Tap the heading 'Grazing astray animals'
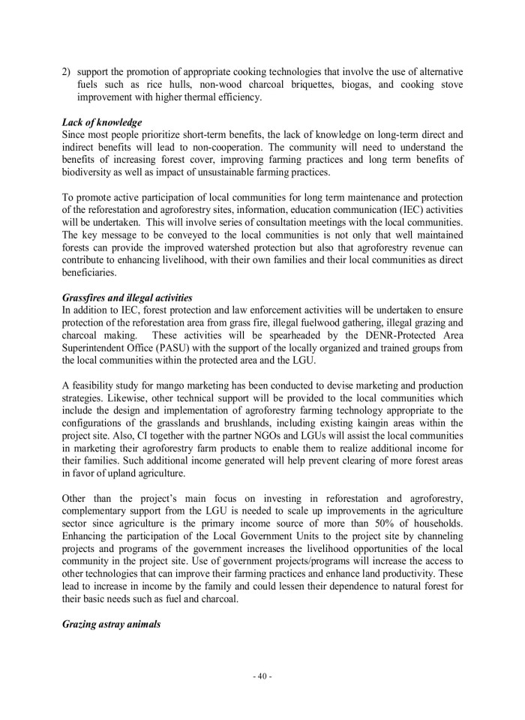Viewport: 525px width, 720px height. point(111,623)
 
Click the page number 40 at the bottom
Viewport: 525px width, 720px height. point(262,676)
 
